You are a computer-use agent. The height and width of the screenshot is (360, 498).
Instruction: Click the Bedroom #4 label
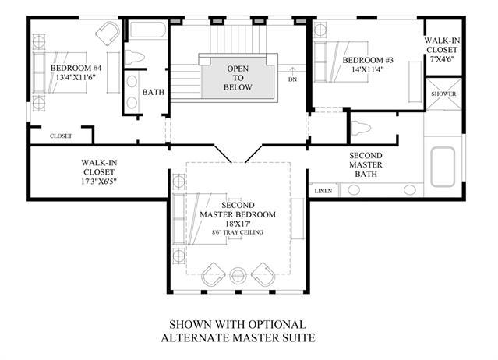click(x=76, y=68)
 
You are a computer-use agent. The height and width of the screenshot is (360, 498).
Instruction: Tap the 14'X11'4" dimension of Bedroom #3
click(x=368, y=69)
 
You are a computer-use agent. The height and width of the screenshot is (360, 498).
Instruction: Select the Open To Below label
click(x=238, y=78)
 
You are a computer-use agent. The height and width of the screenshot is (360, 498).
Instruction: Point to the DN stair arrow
click(x=292, y=70)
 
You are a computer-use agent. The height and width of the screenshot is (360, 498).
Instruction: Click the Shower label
click(x=443, y=94)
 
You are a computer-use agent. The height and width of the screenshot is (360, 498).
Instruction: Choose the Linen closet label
click(x=323, y=191)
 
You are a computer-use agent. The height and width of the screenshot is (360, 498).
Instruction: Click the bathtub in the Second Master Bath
click(x=443, y=167)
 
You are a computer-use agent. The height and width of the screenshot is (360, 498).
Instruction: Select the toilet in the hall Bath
click(x=135, y=58)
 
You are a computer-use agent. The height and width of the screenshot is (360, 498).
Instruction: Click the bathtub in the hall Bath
click(x=148, y=30)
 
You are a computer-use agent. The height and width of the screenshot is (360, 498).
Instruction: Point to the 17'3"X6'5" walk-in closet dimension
click(x=99, y=182)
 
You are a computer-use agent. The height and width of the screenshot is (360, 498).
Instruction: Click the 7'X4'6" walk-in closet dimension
click(x=442, y=58)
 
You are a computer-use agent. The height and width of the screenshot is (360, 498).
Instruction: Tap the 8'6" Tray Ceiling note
click(x=238, y=232)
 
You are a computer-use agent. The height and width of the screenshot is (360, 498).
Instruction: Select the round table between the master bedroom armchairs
click(x=238, y=276)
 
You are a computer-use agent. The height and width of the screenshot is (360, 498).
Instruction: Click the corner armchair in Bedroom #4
click(x=108, y=33)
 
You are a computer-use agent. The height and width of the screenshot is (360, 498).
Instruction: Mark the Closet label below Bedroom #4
click(x=61, y=136)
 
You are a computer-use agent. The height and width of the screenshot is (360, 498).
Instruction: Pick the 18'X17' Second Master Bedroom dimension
click(x=238, y=224)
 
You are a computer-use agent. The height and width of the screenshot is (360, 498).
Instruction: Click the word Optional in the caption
click(x=277, y=324)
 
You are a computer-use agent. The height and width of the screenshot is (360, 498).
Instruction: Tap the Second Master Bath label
click(x=366, y=164)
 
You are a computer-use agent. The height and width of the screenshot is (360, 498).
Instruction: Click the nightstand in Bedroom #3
click(x=320, y=30)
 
